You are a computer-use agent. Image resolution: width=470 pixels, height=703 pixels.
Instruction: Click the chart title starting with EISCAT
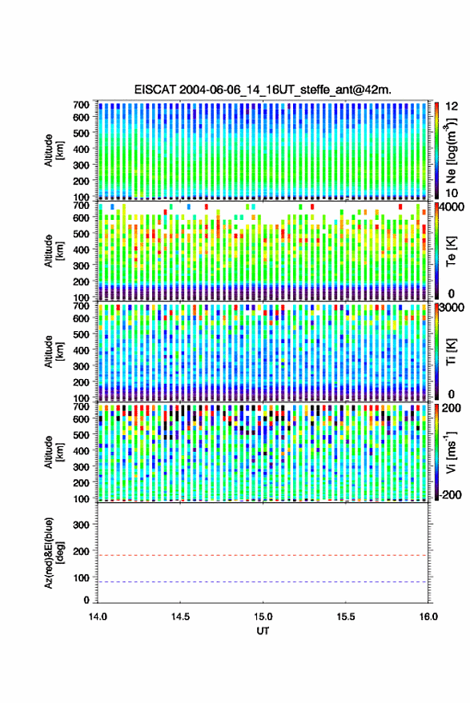(x=263, y=90)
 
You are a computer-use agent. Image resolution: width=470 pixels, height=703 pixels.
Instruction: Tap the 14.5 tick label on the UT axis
(x=180, y=617)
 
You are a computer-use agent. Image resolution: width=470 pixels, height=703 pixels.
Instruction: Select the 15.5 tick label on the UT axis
(x=346, y=617)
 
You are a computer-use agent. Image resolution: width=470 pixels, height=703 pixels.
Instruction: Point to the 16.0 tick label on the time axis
(x=428, y=617)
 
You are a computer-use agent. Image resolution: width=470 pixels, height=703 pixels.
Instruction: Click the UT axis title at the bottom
(x=263, y=631)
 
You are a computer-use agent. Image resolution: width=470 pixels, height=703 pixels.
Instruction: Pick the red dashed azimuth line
(x=263, y=555)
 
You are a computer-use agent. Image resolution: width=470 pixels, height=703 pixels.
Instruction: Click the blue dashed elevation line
(x=263, y=582)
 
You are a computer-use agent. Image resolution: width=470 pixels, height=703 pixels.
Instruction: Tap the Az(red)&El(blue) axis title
(x=54, y=553)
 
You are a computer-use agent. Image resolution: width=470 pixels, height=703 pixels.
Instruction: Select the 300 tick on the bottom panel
(x=81, y=525)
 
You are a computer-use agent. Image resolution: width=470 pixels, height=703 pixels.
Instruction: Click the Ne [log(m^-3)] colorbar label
(x=451, y=150)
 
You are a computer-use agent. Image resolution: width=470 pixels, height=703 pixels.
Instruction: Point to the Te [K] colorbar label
(x=451, y=251)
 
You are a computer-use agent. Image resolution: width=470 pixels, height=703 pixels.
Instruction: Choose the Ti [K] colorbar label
(x=451, y=352)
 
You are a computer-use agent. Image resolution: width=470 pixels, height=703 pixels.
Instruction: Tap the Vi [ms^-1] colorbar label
(x=451, y=452)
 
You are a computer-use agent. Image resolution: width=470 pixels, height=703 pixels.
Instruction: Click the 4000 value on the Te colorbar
(x=452, y=208)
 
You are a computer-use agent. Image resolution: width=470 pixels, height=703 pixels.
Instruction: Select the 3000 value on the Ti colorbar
(x=452, y=308)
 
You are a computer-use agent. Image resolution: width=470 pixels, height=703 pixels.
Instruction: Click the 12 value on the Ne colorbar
(x=452, y=106)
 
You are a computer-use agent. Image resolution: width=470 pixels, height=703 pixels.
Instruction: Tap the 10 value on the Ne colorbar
(x=452, y=194)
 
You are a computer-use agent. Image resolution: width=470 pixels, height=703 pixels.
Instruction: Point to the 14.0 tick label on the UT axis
(x=98, y=617)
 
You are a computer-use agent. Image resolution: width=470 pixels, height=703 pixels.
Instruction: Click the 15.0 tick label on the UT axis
(x=263, y=617)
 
